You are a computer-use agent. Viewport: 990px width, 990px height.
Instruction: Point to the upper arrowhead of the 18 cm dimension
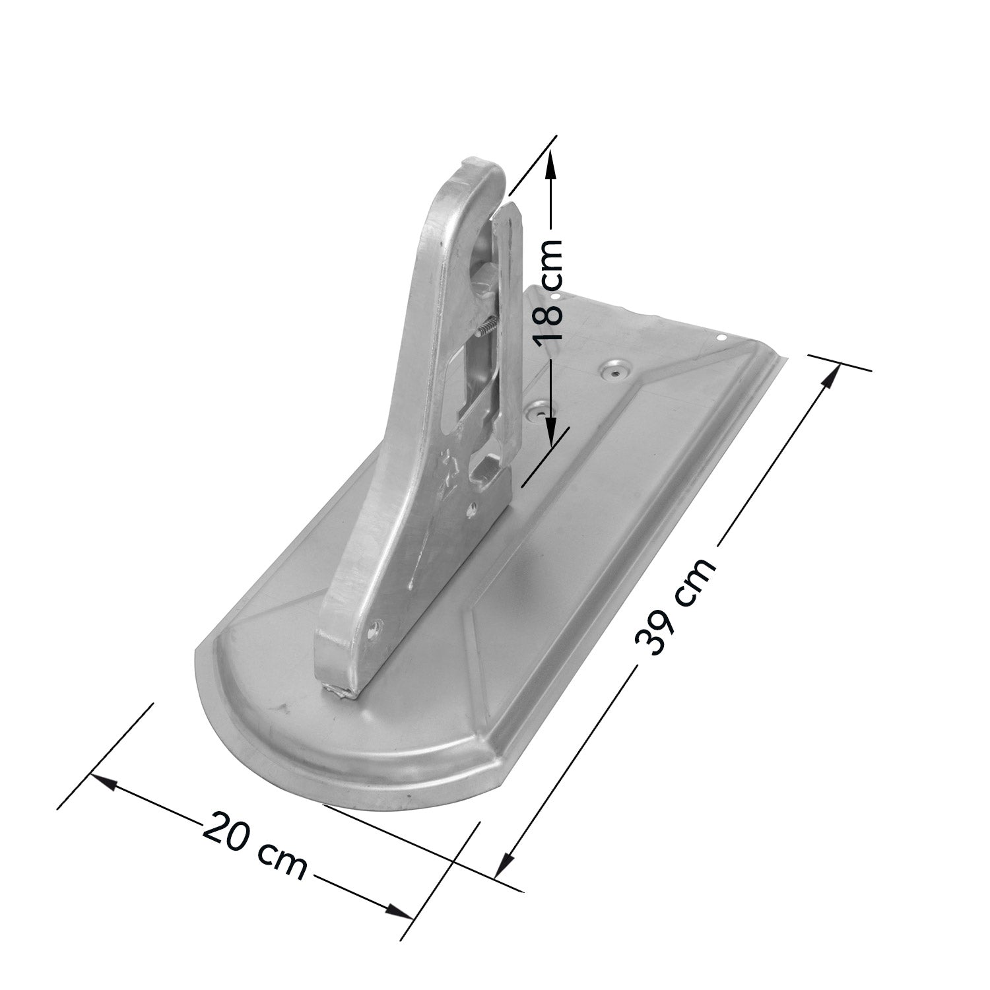pos(552,162)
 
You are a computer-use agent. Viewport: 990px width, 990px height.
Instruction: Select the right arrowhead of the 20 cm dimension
pos(399,910)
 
